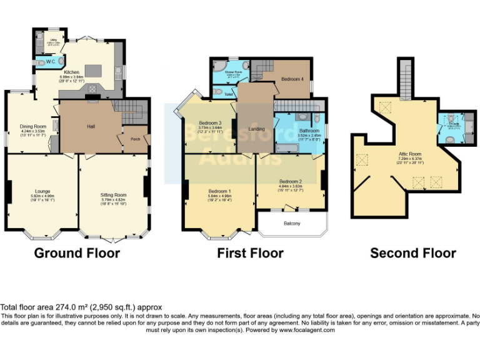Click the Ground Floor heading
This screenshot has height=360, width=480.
pyautogui.click(x=77, y=253)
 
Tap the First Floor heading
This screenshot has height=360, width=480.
pyautogui.click(x=250, y=253)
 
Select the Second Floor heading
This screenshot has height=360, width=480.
pyautogui.click(x=412, y=253)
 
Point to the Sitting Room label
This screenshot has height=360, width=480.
pyautogui.click(x=114, y=195)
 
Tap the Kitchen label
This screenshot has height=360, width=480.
pyautogui.click(x=72, y=72)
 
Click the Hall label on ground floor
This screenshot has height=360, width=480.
pyautogui.click(x=91, y=127)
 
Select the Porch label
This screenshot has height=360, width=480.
pyautogui.click(x=136, y=139)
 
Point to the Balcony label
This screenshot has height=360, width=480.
pyautogui.click(x=292, y=223)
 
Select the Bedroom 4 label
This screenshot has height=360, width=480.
pyautogui.click(x=292, y=79)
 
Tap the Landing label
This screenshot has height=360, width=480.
pyautogui.click(x=257, y=129)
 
